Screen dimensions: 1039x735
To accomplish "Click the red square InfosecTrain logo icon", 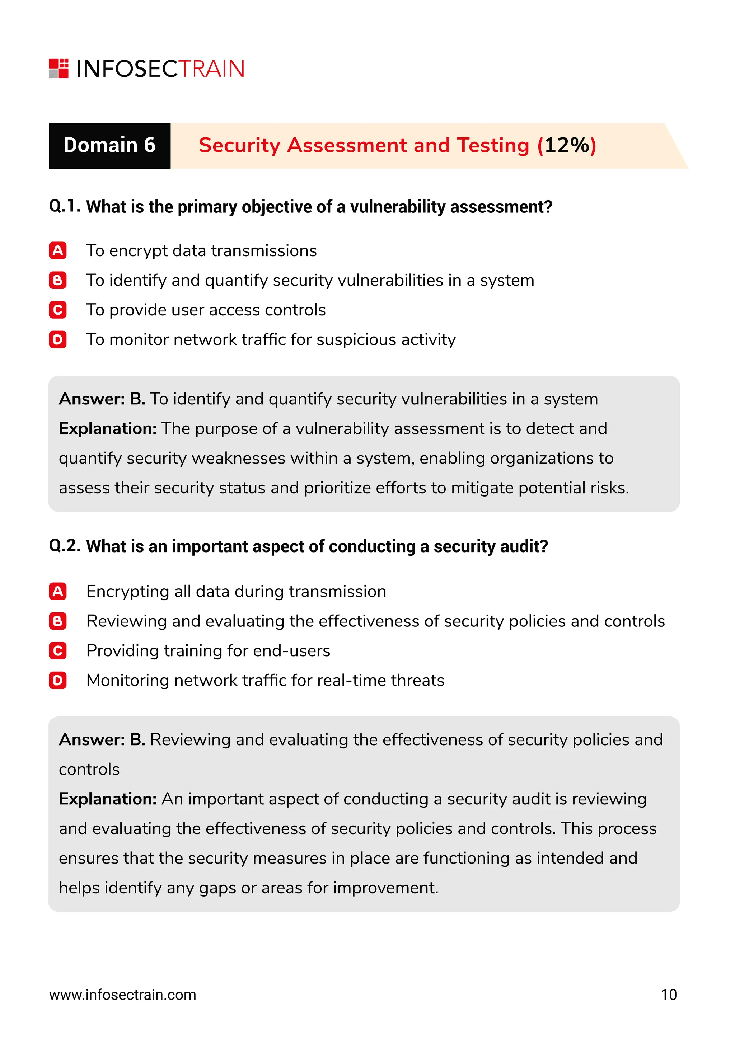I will pos(59,68).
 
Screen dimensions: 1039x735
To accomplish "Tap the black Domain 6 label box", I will pos(109,146).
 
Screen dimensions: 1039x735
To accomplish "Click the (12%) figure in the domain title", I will pos(567,146).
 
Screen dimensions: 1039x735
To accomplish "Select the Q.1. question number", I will pos(65,206).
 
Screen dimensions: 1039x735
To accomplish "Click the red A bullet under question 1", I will pos(58,251).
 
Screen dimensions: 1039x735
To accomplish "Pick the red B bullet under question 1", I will pos(58,281).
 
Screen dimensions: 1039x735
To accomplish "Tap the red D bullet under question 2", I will pos(58,681).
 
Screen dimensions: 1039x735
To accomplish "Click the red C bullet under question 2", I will pos(58,651).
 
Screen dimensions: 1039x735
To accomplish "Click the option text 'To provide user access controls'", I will pos(206,310).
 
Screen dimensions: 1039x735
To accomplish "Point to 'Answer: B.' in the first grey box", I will pos(102,399).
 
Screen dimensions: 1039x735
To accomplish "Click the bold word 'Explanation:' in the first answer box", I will pos(108,428).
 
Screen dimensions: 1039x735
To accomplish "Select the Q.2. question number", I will pos(65,546).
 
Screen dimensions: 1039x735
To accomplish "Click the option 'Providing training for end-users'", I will pos(208,651).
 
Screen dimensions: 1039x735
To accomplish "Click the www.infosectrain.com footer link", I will pos(123,995).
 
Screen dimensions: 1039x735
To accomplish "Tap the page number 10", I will pos(669,995).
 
